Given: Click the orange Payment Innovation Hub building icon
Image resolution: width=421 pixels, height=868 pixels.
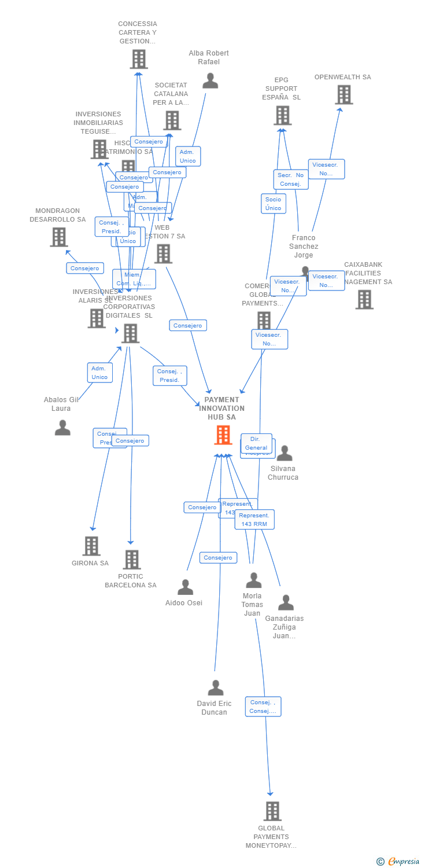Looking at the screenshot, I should (223, 435).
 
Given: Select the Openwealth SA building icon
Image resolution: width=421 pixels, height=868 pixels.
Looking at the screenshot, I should (344, 95).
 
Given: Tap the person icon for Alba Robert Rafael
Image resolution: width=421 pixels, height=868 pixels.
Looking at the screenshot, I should (211, 81).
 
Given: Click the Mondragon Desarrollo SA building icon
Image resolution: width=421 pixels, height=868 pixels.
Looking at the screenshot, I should (58, 237).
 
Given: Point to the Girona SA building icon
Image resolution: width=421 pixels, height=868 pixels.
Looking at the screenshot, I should (91, 546).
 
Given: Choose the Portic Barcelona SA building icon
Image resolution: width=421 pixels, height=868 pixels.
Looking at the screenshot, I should (131, 560).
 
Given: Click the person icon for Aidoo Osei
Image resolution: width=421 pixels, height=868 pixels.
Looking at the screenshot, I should (185, 587).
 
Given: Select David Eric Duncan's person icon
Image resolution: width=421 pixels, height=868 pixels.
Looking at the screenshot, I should (216, 688).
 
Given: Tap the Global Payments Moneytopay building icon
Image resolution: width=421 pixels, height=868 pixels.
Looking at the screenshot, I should (272, 811).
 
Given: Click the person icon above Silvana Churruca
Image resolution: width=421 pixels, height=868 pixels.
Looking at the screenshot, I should (284, 454).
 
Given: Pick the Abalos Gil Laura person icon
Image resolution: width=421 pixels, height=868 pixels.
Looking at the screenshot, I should (62, 428).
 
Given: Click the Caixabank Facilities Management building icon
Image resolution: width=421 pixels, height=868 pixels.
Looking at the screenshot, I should (364, 299).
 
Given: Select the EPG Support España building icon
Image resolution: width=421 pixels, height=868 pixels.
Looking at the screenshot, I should (282, 115).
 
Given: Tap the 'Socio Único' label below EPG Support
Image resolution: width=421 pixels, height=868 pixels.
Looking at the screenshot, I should (273, 203).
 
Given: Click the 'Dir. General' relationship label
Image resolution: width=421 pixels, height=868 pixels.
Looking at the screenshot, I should (256, 443).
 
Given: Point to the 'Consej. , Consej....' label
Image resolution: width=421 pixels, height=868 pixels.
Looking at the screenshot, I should (263, 707).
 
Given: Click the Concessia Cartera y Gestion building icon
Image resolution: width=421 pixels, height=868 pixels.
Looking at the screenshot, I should (139, 59).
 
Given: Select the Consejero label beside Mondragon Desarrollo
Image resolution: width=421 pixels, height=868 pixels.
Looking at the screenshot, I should (85, 268).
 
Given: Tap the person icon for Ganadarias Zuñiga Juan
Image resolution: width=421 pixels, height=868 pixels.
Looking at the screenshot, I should (286, 603).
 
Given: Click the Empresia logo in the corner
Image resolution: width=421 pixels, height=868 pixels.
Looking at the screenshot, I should (398, 862).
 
